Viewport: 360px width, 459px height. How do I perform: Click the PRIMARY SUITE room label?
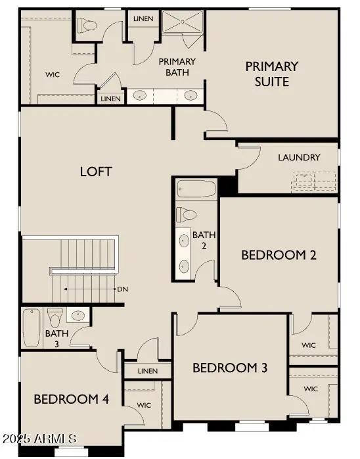pos(271,74)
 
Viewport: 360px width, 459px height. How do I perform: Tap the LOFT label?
pos(96,172)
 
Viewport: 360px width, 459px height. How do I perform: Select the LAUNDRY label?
pos(299,158)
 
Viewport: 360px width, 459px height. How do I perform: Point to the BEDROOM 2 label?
pos(279,254)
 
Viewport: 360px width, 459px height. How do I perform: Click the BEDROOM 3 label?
pos(229,368)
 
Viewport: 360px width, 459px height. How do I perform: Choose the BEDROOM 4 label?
pos(66,399)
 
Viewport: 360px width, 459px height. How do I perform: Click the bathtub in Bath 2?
pos(196,189)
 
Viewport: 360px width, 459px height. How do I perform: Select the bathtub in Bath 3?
pos(31,328)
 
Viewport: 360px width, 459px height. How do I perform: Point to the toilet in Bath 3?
pos(55,318)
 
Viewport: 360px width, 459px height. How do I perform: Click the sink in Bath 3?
pos(78,316)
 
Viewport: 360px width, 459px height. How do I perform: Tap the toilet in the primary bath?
pos(86,26)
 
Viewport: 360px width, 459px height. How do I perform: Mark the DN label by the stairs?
pos(122,289)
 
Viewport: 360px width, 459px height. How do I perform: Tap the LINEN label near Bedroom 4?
pos(148,371)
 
